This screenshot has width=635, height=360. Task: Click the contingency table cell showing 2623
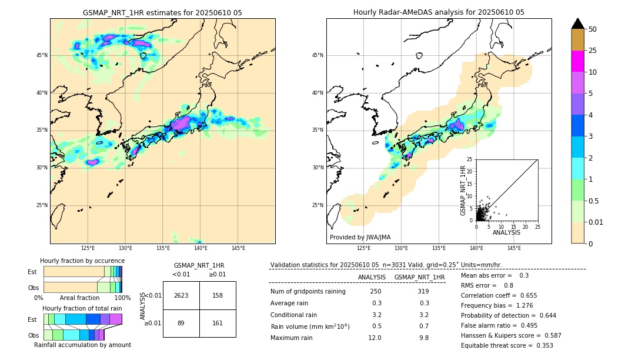[181, 295]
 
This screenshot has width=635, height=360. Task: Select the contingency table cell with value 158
[218, 295]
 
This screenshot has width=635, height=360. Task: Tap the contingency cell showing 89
[181, 323]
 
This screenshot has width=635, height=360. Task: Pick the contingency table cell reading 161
[218, 323]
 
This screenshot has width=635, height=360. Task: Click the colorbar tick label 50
[593, 29]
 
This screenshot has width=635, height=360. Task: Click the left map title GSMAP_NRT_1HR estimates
[162, 12]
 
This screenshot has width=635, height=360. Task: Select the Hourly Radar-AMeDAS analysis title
[439, 12]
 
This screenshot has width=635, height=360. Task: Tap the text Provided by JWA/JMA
[360, 238]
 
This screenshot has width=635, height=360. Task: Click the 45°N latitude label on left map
[42, 55]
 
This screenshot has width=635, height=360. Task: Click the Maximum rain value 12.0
[375, 338]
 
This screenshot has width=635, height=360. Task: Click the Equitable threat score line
[507, 345]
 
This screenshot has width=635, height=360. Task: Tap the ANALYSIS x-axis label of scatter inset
[506, 232]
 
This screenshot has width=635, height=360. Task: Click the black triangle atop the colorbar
[577, 24]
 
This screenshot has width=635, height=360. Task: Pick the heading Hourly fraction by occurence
[82, 261]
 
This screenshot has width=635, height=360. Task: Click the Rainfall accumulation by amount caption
[82, 345]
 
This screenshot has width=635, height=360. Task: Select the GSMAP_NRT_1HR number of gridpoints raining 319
[423, 292]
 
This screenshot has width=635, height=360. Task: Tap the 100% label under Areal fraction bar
[122, 298]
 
